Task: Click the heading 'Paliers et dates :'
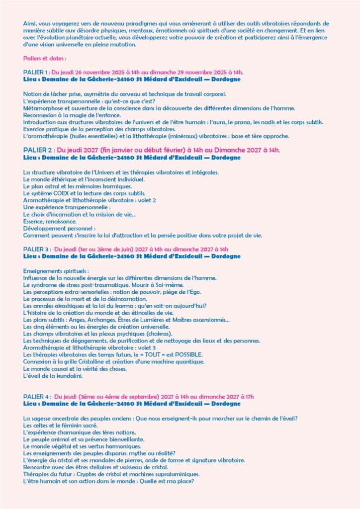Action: point(45,58)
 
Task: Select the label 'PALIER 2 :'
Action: point(39,150)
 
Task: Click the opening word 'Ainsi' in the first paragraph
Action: point(29,23)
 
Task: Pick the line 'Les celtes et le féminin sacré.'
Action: point(60,425)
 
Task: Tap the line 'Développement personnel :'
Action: point(55,228)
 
